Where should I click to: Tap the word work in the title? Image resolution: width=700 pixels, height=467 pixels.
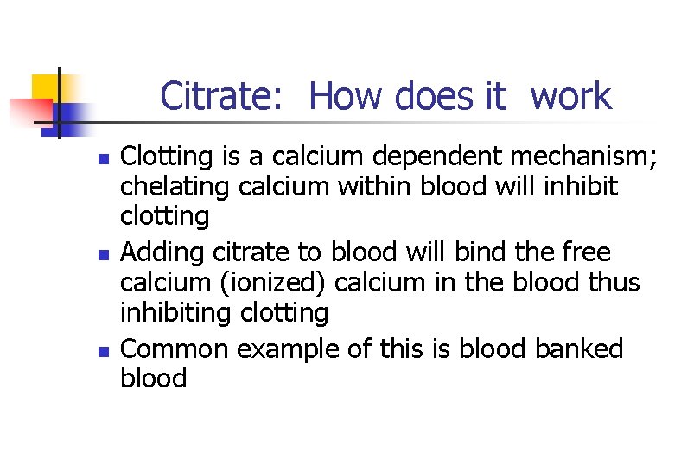571,96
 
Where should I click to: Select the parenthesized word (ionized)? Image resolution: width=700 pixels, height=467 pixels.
278,283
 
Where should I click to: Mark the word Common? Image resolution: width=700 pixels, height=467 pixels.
174,349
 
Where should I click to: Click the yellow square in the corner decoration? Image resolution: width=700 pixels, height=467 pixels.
45,87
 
